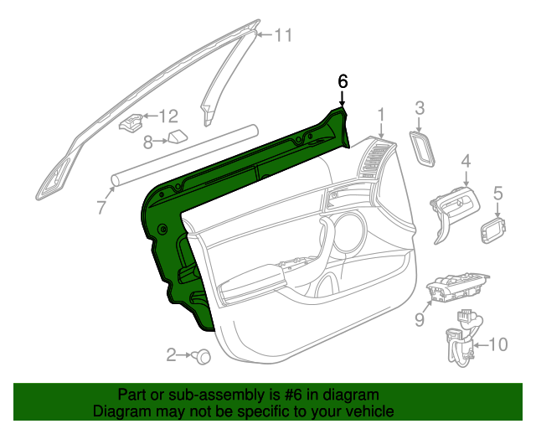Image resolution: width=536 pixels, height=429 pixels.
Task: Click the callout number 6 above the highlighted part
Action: tap(342, 81)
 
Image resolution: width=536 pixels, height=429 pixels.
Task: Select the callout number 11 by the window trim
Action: tap(284, 35)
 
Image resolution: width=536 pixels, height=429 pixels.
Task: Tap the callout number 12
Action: tap(168, 116)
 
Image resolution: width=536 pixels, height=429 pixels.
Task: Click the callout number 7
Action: tap(100, 207)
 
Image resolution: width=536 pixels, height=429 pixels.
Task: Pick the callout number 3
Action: tap(420, 107)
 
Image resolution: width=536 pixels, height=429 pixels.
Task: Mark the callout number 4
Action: tap(466, 161)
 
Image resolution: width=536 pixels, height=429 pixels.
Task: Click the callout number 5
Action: tap(497, 194)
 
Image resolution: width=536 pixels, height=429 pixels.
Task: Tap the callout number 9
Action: tap(420, 319)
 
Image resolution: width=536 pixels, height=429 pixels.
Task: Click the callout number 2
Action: tap(171, 355)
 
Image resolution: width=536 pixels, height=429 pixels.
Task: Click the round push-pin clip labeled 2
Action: tap(202, 357)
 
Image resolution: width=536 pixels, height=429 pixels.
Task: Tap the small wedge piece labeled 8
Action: tap(177, 137)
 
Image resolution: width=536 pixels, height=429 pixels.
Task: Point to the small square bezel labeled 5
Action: tap(494, 228)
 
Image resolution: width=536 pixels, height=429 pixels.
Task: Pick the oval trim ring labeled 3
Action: tap(423, 147)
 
